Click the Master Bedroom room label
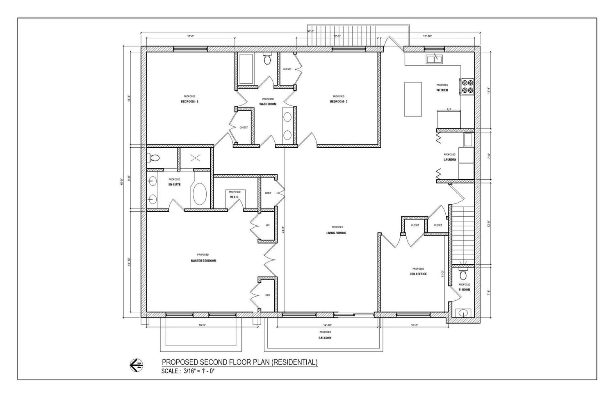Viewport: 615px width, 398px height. click(x=203, y=261)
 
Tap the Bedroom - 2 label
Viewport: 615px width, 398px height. click(x=189, y=101)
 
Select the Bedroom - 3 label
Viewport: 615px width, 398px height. click(x=339, y=101)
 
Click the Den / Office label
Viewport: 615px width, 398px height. click(x=418, y=274)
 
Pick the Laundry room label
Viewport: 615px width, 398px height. click(x=450, y=160)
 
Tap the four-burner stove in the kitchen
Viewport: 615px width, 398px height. click(x=467, y=86)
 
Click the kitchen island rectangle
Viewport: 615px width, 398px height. click(x=413, y=99)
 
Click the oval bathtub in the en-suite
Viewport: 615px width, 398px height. click(x=200, y=194)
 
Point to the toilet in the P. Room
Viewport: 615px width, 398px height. click(x=464, y=274)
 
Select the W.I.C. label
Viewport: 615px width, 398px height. click(x=235, y=197)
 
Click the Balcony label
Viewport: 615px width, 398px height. click(x=325, y=338)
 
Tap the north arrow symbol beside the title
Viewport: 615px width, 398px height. click(x=136, y=365)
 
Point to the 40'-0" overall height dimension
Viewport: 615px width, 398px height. click(x=121, y=181)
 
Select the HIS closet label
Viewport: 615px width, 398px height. click(x=268, y=225)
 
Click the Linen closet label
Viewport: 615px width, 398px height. click(x=268, y=193)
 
